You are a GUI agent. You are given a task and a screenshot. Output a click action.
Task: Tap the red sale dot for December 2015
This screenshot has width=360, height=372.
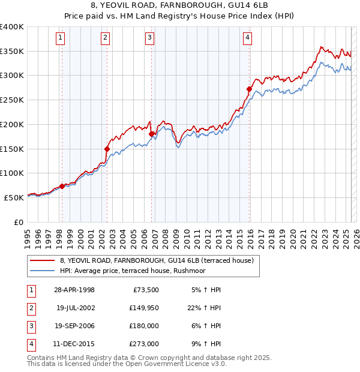(249, 89)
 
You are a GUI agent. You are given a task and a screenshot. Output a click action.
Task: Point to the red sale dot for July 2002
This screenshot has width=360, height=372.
(107, 149)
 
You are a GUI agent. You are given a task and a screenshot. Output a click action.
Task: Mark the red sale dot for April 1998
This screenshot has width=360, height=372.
(62, 186)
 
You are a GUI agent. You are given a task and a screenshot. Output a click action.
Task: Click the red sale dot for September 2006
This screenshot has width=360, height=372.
(151, 134)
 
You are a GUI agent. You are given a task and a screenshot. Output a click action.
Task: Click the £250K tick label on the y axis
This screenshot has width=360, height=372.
(12, 100)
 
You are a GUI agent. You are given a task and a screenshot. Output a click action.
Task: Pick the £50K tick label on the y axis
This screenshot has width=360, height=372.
(14, 197)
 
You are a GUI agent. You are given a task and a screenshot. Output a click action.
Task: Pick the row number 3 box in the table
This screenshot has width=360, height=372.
(31, 326)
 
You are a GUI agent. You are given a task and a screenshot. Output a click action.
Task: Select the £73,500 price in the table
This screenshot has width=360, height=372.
(145, 290)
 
